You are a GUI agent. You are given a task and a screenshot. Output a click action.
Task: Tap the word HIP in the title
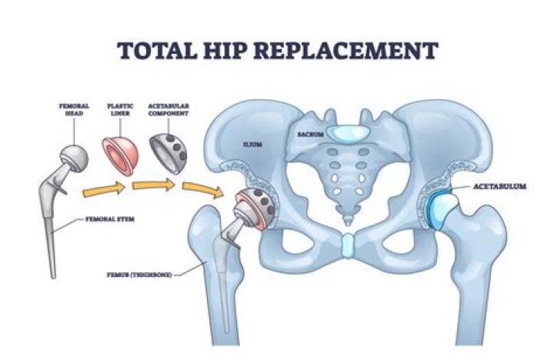[x=223, y=50]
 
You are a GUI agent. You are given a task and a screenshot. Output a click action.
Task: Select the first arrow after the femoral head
[x=102, y=187]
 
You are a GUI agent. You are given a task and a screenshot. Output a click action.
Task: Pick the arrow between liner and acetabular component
[x=151, y=185]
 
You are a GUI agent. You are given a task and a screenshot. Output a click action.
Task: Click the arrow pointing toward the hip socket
[x=199, y=191]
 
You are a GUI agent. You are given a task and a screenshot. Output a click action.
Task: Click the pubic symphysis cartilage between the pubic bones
[x=347, y=245]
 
